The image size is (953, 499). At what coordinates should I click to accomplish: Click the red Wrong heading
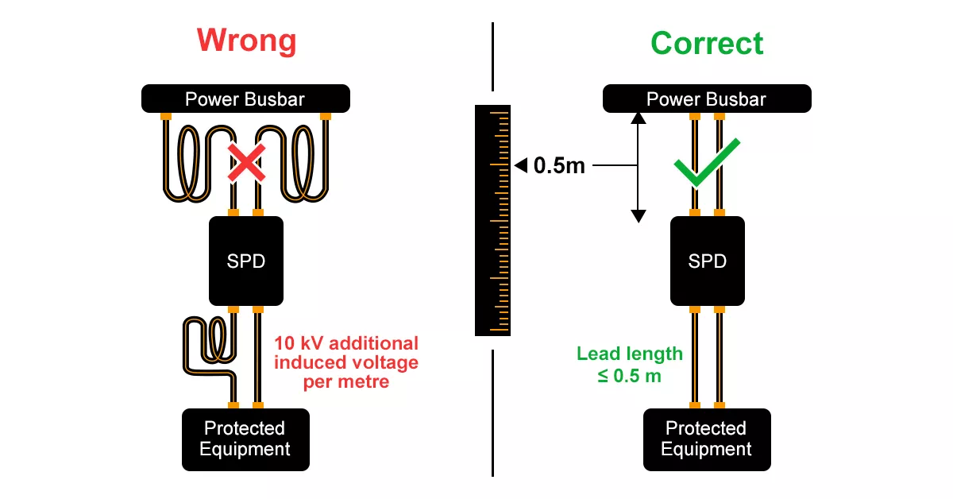coord(246,41)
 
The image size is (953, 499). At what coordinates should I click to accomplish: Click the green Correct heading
coord(707,43)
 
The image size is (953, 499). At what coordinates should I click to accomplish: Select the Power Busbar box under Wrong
coord(245,99)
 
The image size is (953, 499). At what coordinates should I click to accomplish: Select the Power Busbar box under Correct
coord(707,99)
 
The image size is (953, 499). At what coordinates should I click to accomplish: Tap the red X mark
coord(246,163)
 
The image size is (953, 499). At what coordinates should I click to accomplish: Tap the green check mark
coord(705,163)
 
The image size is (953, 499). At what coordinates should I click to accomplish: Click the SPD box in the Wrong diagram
coord(245,261)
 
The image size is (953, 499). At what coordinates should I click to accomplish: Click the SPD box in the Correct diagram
coord(707,261)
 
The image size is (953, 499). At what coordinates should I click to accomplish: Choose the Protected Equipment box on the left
coord(245,439)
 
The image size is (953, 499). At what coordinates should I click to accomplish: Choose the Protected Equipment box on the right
coord(707,439)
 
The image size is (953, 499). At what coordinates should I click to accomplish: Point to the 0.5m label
coord(559,166)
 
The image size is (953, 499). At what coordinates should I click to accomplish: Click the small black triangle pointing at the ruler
coord(520,166)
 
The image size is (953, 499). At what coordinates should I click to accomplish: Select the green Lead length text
coord(630,354)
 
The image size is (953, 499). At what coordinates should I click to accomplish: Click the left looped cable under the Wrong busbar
coord(191,163)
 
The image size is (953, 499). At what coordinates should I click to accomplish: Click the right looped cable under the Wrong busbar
coord(302,163)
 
